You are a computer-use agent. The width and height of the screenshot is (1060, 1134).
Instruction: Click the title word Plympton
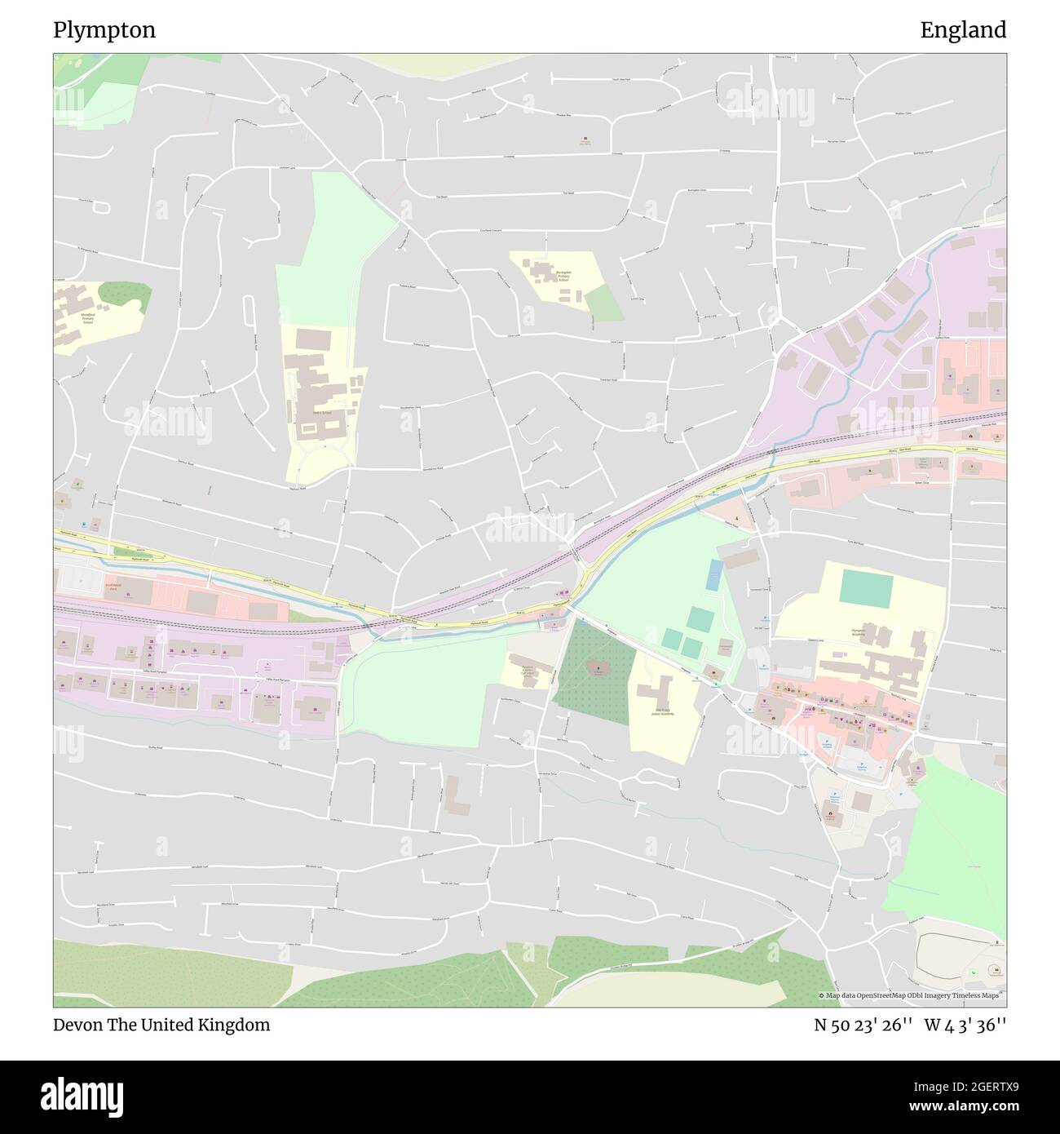104,31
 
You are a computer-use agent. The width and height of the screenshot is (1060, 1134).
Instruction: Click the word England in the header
963,31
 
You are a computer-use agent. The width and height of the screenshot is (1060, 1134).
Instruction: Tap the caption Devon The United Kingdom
161,1025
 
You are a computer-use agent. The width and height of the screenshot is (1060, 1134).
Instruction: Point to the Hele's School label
321,413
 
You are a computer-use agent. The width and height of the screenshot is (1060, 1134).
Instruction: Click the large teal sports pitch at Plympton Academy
866,587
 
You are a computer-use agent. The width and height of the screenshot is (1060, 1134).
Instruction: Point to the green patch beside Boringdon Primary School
604,303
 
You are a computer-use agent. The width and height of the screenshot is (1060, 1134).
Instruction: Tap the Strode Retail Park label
113,586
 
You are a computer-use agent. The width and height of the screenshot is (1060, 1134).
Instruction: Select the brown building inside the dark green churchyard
597,669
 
